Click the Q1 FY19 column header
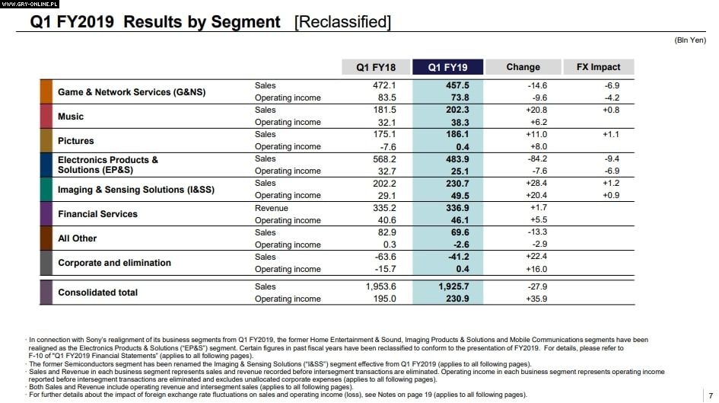pyautogui.click(x=447, y=67)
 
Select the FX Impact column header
pyautogui.click(x=599, y=67)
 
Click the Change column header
pyautogui.click(x=523, y=67)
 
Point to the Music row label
pyautogui.click(x=71, y=117)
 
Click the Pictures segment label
pyautogui.click(x=76, y=141)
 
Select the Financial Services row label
pyautogui.click(x=97, y=214)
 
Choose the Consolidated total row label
pyautogui.click(x=97, y=293)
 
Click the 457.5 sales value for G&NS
pyautogui.click(x=457, y=86)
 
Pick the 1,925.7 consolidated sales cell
pyautogui.click(x=453, y=286)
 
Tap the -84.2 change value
pyautogui.click(x=536, y=159)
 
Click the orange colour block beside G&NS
pyautogui.click(x=46, y=92)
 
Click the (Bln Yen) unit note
pyautogui.click(x=690, y=40)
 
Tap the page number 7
pyautogui.click(x=710, y=395)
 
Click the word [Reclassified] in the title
pyautogui.click(x=342, y=22)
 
